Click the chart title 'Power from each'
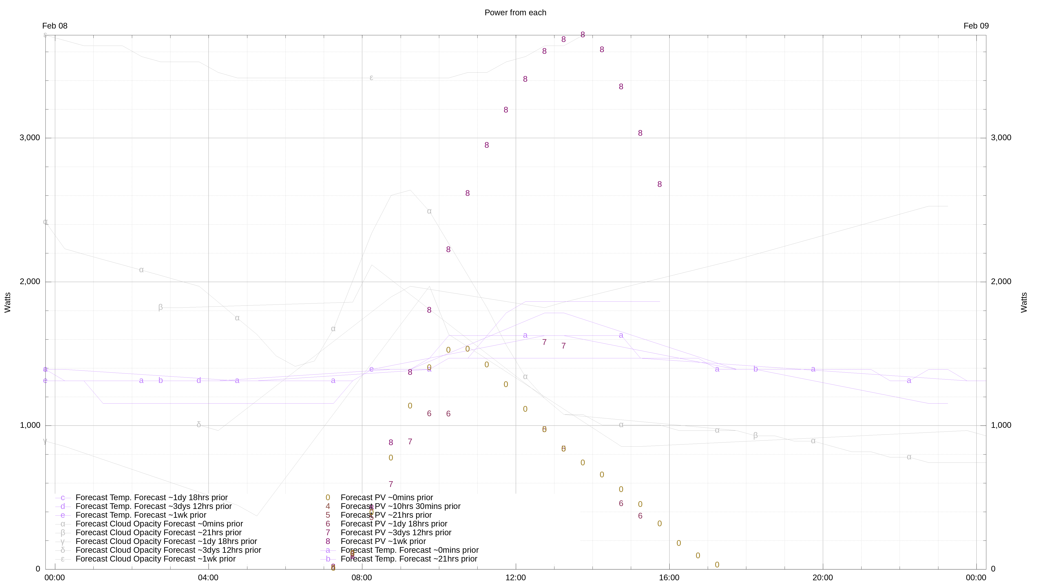click(x=515, y=13)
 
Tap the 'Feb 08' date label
click(x=55, y=26)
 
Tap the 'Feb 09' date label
click(x=976, y=26)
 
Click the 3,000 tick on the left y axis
click(x=30, y=138)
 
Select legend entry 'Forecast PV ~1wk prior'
click(x=383, y=541)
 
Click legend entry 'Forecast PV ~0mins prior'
click(x=387, y=498)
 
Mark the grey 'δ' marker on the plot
click(x=199, y=425)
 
